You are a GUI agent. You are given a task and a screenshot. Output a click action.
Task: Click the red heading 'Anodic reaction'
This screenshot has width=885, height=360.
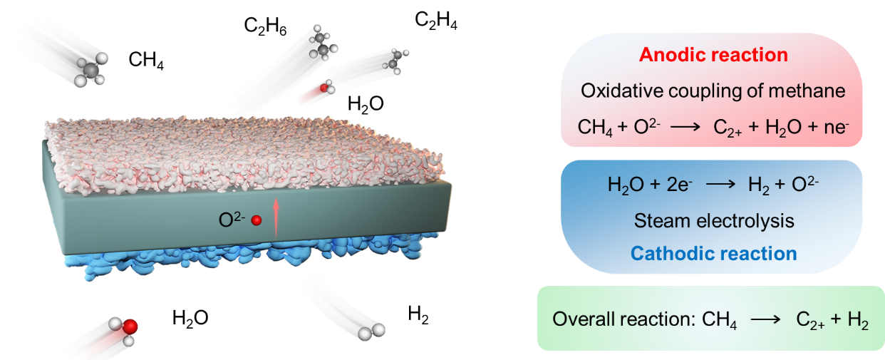pyautogui.click(x=713, y=55)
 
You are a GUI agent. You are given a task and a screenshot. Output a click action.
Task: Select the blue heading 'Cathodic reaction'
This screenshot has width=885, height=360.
pyautogui.click(x=713, y=254)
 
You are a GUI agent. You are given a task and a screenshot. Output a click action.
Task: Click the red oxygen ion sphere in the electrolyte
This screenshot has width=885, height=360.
pyautogui.click(x=257, y=222)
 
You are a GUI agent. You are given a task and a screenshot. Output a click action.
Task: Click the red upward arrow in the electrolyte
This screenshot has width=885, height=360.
pyautogui.click(x=276, y=217)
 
